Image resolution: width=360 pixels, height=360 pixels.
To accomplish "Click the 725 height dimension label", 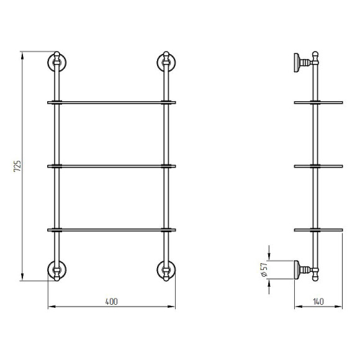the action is click(x=17, y=166).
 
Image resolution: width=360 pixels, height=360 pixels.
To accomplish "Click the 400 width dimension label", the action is click(x=111, y=302).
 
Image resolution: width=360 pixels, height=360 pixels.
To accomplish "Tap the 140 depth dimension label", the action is click(x=318, y=302).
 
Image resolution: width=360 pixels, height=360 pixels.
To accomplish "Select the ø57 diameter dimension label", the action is click(x=264, y=269).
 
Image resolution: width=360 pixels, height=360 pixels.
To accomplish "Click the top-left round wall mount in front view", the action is click(x=56, y=62).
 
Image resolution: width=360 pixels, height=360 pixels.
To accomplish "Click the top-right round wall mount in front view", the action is click(x=166, y=62).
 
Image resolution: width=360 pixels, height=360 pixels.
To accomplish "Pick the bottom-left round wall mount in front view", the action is click(x=56, y=270).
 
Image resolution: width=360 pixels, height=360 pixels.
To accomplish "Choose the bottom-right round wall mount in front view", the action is click(x=166, y=270).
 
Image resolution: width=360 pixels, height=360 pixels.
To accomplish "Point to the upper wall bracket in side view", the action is click(x=303, y=63).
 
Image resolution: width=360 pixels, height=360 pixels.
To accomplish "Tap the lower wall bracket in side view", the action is click(x=303, y=270).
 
